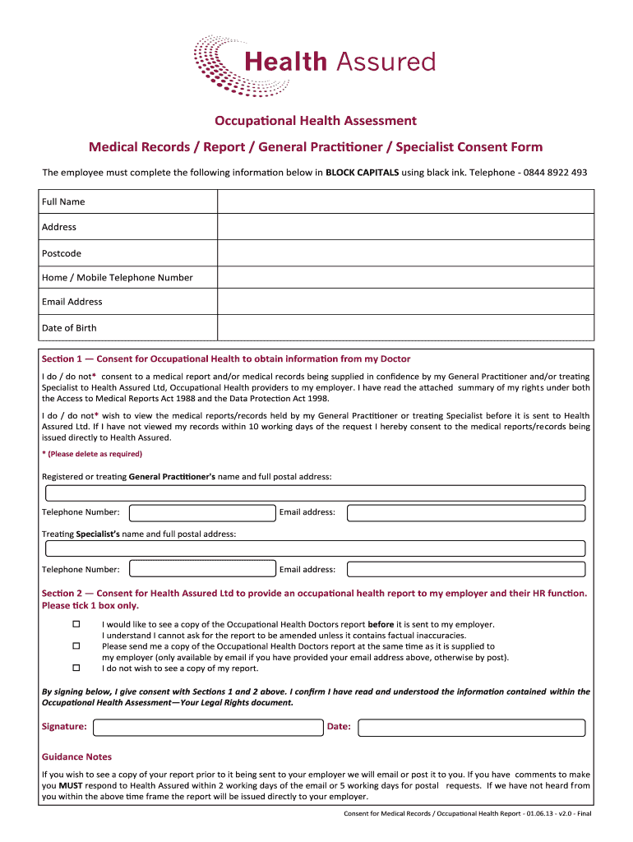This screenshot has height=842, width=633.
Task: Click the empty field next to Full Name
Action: pos(404,201)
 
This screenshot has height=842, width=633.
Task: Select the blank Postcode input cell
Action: pos(404,253)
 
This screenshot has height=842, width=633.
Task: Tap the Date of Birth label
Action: pos(69,328)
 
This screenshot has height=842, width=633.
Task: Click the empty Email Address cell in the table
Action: pos(404,302)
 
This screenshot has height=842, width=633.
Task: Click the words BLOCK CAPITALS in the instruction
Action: pos(362,173)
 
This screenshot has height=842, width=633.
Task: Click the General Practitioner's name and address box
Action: pos(315,493)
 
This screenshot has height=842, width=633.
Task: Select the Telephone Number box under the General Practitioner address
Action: pos(202,513)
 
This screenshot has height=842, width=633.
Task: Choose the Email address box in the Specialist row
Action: pos(465,569)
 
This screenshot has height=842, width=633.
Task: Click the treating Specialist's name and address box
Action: pos(315,548)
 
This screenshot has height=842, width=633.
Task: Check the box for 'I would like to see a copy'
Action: pos(76,625)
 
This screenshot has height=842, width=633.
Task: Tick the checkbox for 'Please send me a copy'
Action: pos(76,646)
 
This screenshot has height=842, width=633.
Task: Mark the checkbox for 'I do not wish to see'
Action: pos(76,669)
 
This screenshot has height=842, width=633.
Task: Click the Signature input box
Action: pos(208,727)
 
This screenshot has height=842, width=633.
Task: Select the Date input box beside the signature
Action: pos(472,727)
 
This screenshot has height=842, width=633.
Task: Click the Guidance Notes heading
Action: pos(76,756)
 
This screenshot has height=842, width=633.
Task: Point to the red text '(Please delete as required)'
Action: pos(92,454)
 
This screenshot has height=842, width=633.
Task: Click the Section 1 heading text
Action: pos(226,359)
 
